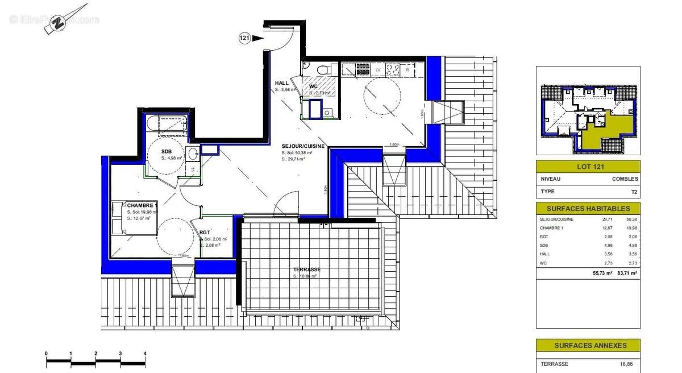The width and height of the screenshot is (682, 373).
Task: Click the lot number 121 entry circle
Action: pos(244,39)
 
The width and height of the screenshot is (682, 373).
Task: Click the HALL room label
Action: pos(282,84)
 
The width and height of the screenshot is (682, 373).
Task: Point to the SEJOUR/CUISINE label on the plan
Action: pos(303,146)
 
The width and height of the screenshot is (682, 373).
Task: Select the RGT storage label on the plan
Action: pos(205,233)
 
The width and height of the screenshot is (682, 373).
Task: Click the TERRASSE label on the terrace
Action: pos(307,270)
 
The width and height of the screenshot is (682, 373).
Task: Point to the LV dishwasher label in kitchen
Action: pos(378,69)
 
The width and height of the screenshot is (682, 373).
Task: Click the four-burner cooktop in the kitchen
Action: pos(393,70)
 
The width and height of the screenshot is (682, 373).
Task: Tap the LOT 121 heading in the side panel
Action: pos(588,167)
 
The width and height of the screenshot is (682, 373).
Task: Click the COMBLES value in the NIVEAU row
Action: pos(625,179)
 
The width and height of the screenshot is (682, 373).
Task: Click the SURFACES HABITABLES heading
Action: pos(588,209)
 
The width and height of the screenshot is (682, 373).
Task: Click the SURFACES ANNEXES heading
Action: pos(588,345)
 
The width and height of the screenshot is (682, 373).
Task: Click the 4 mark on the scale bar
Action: pos(145,354)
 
